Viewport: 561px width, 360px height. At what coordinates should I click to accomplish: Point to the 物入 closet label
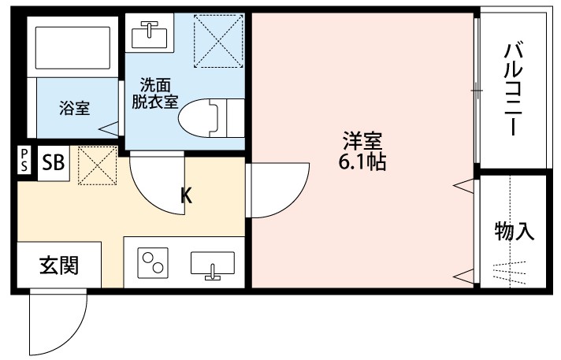(514, 232)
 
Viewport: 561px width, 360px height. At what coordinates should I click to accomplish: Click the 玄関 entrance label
(59, 266)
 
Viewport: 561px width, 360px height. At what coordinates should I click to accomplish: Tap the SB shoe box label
(54, 163)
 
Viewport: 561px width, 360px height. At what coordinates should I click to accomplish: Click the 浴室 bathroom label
(74, 109)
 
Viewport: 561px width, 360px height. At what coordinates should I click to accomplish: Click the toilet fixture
(206, 118)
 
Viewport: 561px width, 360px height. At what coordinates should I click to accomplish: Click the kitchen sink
(212, 265)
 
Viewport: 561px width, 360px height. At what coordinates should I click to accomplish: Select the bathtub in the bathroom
(69, 49)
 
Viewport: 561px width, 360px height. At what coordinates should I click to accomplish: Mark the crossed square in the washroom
(217, 41)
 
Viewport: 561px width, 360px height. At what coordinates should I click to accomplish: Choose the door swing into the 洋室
(269, 191)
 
